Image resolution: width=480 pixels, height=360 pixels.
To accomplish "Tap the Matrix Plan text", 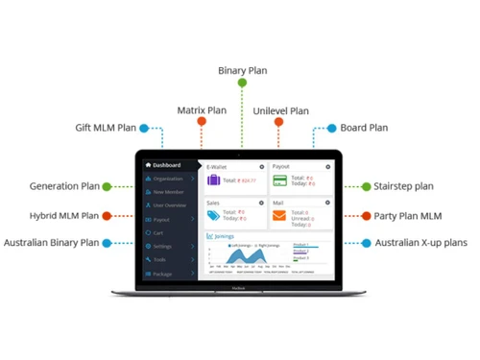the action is click(202, 110).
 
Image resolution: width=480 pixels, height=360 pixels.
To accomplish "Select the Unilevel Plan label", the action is click(281, 111).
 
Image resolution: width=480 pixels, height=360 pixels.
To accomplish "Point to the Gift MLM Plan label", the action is click(106, 128).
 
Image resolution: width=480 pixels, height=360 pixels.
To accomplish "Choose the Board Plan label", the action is click(365, 128).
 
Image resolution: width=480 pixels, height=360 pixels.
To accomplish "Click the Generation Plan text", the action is click(64, 186).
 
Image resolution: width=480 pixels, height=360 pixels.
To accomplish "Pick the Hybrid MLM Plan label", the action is click(65, 216).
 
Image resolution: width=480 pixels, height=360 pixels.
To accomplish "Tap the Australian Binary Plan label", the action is click(52, 244).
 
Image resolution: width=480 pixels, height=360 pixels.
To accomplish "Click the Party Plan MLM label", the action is click(407, 216).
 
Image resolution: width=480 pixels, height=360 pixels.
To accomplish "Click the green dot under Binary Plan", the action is click(242, 84).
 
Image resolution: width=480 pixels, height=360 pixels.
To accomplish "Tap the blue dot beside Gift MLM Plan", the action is click(144, 128).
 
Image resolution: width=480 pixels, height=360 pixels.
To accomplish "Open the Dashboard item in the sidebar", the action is click(166, 165).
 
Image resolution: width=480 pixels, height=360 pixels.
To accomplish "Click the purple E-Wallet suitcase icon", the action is click(215, 180).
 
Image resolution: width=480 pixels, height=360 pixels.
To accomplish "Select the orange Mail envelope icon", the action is click(278, 216).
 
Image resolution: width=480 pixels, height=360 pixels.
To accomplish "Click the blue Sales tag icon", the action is click(215, 216).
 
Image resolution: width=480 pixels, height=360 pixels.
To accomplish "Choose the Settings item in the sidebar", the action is click(163, 247).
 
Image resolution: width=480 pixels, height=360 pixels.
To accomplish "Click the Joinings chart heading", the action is click(224, 235).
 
